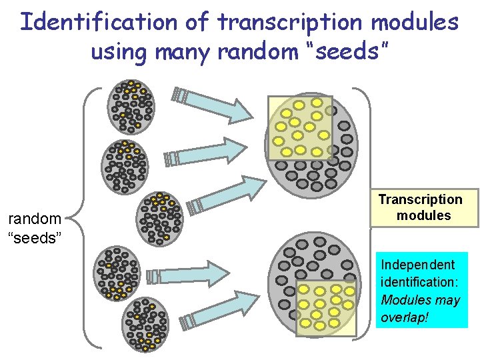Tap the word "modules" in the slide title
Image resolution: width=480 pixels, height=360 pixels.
(415, 21)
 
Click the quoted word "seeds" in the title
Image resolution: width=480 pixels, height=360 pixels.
(339, 51)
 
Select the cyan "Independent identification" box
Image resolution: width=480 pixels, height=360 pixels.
(421, 290)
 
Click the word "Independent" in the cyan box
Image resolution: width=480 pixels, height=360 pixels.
(417, 265)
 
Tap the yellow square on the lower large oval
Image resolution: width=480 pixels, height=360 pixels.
(325, 307)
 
